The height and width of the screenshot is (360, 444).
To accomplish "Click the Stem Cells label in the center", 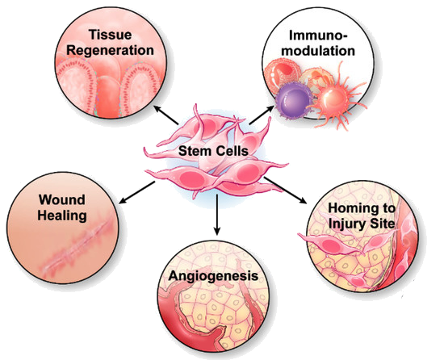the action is coord(213,151).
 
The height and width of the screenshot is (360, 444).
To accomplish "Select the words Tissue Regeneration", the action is coord(110,43).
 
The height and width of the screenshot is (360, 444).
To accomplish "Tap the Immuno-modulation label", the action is coord(318,44).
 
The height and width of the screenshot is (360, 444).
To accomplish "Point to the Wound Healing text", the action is coord(62,207).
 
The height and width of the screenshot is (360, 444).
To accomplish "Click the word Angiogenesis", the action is coord(213,276).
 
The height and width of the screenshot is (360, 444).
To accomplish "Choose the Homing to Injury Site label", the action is coord(362,216).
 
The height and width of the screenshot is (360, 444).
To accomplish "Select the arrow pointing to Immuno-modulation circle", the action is coord(262,115).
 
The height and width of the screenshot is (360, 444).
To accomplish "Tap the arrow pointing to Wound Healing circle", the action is coord(137,192).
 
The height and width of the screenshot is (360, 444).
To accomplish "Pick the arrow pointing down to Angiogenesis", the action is coord(216,215).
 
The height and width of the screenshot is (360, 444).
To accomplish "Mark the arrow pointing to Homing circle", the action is coord(285,190).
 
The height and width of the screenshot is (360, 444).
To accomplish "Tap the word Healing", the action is coord(62,216).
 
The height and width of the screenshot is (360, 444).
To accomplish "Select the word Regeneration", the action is coord(110,51).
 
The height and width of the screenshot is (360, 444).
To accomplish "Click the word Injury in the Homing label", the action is coord(346,224).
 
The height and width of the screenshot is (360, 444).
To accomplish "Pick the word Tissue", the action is coord(110,35).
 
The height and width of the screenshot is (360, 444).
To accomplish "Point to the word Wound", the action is coord(62,200).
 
